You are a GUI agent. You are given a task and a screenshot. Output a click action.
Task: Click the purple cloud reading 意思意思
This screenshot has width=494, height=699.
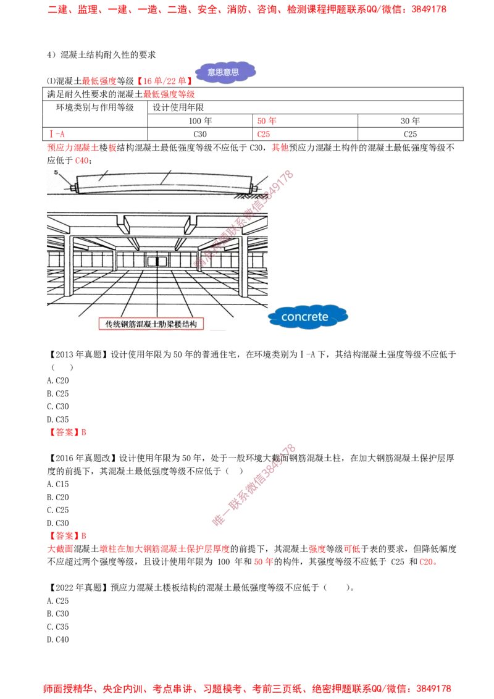[x=226, y=72]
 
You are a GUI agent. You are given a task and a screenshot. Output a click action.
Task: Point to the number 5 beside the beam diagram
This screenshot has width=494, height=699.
[x=56, y=172]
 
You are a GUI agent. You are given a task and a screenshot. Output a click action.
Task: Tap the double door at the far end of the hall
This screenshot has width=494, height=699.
[x=153, y=260]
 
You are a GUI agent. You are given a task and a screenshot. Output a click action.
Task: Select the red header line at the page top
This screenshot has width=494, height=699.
[x=247, y=10]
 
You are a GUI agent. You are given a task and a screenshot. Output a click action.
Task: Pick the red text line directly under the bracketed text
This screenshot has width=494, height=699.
[x=170, y=94]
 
